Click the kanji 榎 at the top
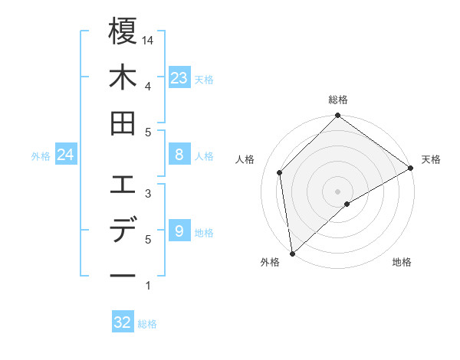(123, 31)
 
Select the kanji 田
(123, 123)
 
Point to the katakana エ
(123, 185)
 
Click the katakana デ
(123, 231)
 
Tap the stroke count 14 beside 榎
(149, 40)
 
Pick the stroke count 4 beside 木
(148, 86)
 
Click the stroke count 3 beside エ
(148, 193)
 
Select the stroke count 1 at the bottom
(148, 286)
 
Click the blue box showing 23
(179, 77)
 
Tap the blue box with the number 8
(179, 155)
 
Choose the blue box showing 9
(179, 231)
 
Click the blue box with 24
(65, 155)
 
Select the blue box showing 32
(123, 322)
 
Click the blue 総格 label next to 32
(147, 324)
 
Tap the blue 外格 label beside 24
(41, 156)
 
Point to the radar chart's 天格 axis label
(431, 159)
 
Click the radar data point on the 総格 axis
(337, 116)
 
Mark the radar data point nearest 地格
(347, 204)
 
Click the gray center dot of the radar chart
(337, 191)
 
